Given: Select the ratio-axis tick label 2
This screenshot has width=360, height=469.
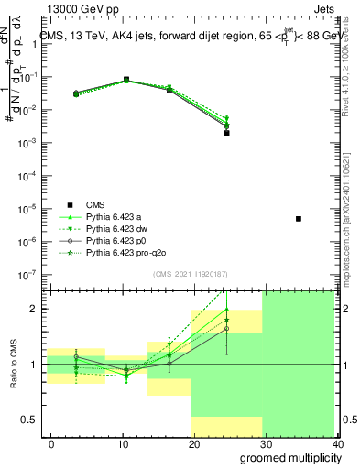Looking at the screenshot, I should pyautogui.click(x=32, y=309).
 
